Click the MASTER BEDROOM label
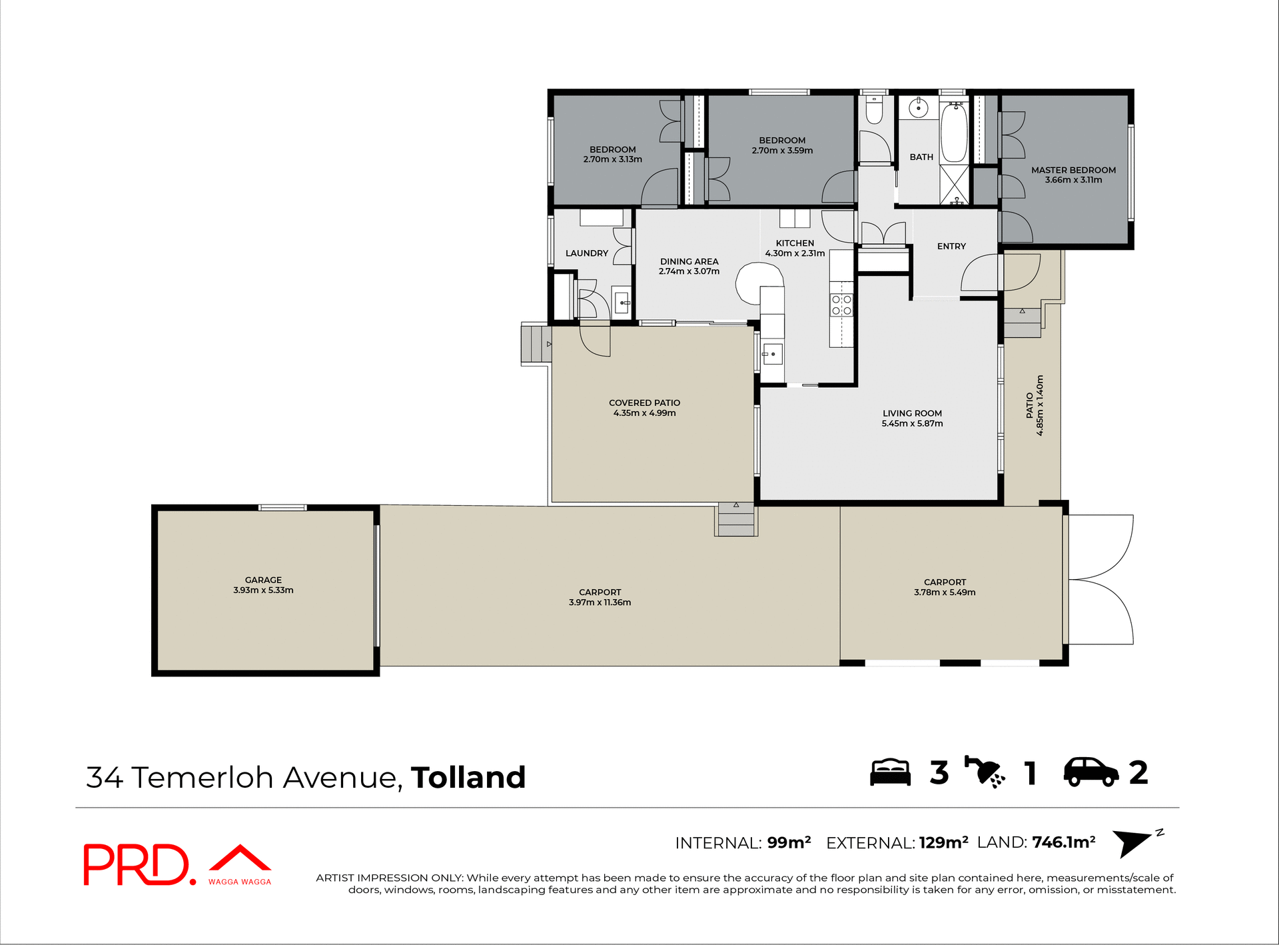(x=1073, y=170)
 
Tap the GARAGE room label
(x=263, y=580)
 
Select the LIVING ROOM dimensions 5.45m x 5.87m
(x=912, y=424)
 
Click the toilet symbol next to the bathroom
(x=873, y=111)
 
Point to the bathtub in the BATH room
(x=954, y=133)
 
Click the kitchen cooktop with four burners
(x=841, y=305)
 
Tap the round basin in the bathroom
(x=919, y=107)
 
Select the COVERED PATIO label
(x=644, y=403)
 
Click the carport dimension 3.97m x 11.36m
(x=600, y=602)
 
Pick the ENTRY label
(x=951, y=246)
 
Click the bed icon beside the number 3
(x=890, y=773)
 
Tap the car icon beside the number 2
(x=1091, y=773)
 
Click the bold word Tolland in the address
(x=468, y=778)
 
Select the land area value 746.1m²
(x=1064, y=842)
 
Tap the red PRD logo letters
(x=137, y=865)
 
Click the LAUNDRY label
(x=586, y=253)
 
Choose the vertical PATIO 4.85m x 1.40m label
(x=1035, y=405)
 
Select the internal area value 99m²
(x=789, y=842)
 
